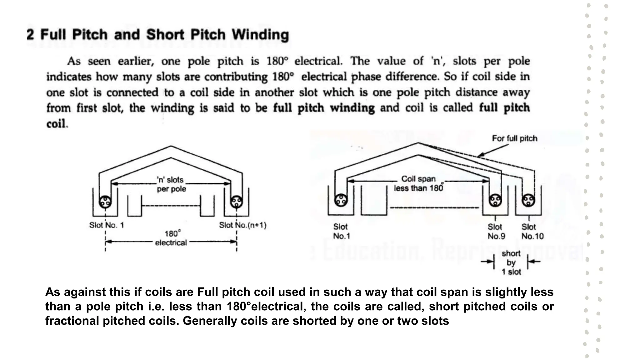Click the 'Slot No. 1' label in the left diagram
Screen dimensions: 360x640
(x=107, y=225)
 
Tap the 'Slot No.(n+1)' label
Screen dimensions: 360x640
(x=242, y=225)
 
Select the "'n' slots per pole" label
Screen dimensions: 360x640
(x=171, y=184)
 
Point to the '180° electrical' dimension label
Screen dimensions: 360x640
(x=171, y=238)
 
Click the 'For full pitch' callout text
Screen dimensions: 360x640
(x=514, y=138)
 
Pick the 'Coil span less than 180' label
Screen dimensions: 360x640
(x=418, y=183)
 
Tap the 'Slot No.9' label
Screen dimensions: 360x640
(x=496, y=231)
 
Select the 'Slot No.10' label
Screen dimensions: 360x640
(x=532, y=231)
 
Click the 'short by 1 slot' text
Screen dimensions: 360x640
(x=511, y=262)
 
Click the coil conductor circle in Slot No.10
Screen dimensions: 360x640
(x=528, y=200)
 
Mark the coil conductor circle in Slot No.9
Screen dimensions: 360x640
(x=495, y=200)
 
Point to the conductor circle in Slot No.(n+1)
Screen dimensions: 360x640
(x=236, y=202)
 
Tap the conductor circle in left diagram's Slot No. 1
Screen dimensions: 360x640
(x=105, y=202)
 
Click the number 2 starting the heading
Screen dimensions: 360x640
(x=30, y=34)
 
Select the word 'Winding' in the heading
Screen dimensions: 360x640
(x=260, y=35)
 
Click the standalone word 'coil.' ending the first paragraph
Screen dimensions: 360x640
(x=57, y=124)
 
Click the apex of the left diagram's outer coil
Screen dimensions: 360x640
(x=171, y=146)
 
